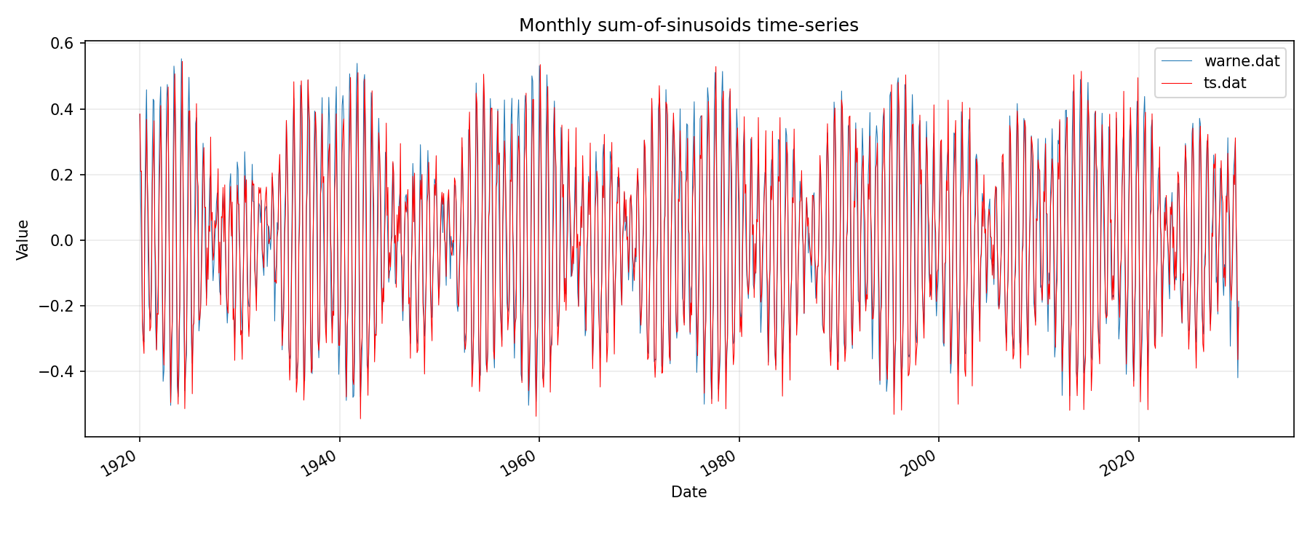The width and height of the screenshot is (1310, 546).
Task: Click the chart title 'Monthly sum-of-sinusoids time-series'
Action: pos(688,25)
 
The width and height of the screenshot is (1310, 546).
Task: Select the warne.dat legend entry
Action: pos(1242,61)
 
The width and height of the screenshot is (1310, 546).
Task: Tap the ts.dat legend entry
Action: pos(1225,83)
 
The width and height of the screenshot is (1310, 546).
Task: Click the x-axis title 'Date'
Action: pos(688,492)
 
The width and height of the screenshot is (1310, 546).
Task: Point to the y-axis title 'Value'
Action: pos(23,240)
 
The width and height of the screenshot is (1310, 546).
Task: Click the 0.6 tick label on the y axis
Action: pos(63,44)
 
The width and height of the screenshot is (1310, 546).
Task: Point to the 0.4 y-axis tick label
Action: pos(63,109)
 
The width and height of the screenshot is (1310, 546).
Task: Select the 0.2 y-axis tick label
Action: pos(63,175)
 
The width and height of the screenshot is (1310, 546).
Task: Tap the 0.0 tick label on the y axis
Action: pos(63,240)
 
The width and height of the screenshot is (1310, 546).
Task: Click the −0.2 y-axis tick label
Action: pos(58,306)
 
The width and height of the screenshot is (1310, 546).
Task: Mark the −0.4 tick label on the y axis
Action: pos(58,371)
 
